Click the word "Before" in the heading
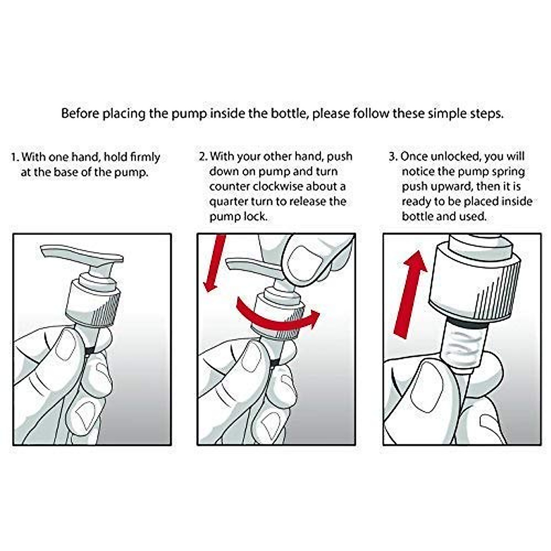point(80,113)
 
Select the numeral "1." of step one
point(15,157)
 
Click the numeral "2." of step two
point(203,157)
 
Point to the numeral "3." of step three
point(393,157)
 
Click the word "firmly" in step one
point(145,157)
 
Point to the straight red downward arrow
point(214,263)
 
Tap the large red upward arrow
point(410,294)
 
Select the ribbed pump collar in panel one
point(93,304)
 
